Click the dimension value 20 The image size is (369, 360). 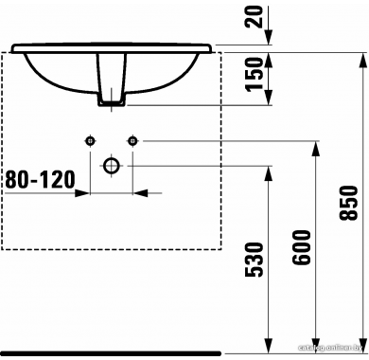click(x=255, y=17)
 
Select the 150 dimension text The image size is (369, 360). click(x=255, y=75)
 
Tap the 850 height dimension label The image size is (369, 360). click(x=349, y=203)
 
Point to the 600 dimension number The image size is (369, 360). click(x=302, y=247)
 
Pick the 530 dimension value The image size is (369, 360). click(x=254, y=260)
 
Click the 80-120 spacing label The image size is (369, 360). click(x=41, y=179)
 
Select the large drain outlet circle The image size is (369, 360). click(x=112, y=165)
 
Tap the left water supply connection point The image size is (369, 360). click(x=90, y=140)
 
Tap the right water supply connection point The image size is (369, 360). click(x=132, y=140)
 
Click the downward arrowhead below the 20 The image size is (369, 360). click(x=268, y=37)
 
